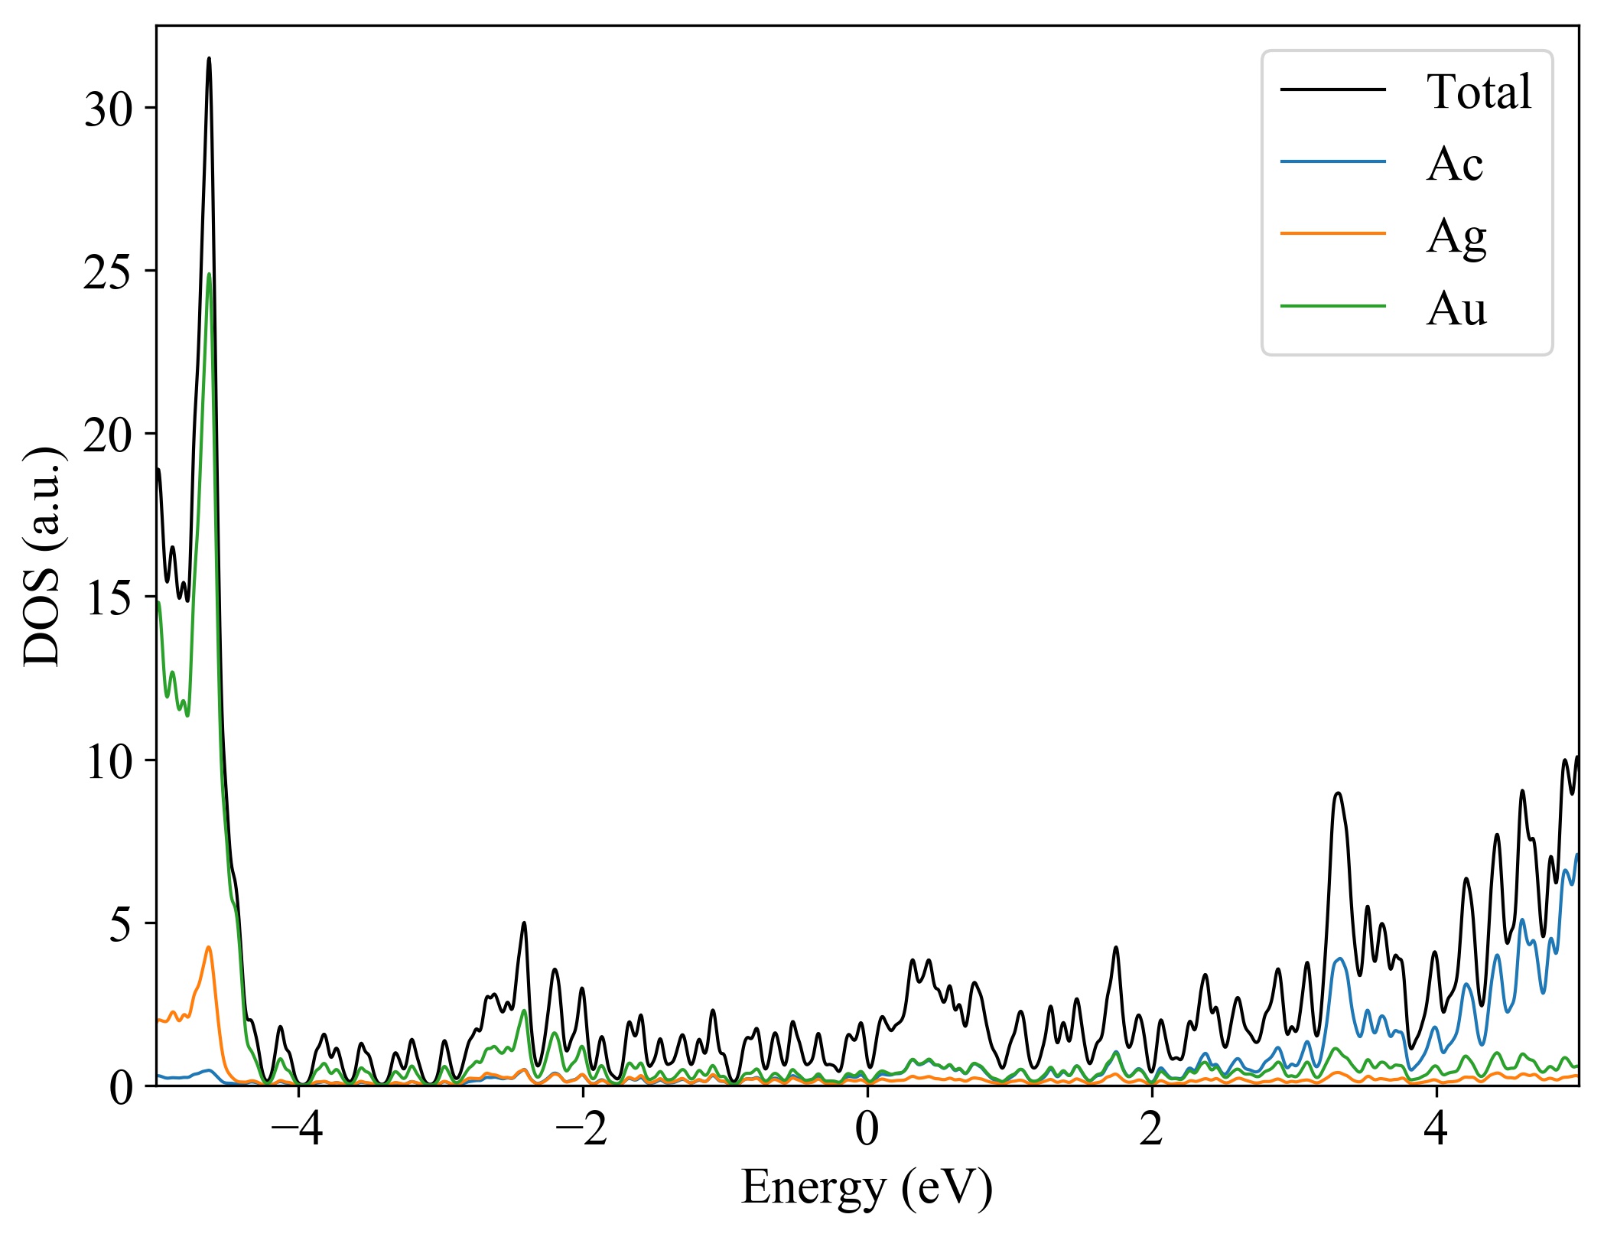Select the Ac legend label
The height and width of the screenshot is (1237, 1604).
click(x=1454, y=164)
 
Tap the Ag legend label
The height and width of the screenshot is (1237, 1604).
click(x=1456, y=236)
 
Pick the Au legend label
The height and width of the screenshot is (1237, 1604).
click(x=1456, y=308)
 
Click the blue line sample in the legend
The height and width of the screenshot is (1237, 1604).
click(x=1332, y=161)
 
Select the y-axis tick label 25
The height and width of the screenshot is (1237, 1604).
click(x=108, y=272)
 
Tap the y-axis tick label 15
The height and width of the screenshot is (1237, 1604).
click(x=108, y=598)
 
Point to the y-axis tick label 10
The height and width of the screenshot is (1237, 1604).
click(x=108, y=761)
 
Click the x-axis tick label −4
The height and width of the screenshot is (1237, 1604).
click(x=298, y=1129)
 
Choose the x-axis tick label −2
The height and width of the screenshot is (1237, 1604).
click(x=582, y=1129)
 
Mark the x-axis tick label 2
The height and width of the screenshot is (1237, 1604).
click(x=1151, y=1129)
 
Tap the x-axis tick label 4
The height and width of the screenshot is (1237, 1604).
click(x=1436, y=1129)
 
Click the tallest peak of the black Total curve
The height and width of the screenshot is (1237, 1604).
click(x=209, y=58)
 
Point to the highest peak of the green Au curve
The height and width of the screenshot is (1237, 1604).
click(x=209, y=274)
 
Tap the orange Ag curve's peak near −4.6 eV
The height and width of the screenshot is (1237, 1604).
click(x=208, y=947)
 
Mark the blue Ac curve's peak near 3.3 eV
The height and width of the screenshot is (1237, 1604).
click(x=1339, y=959)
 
